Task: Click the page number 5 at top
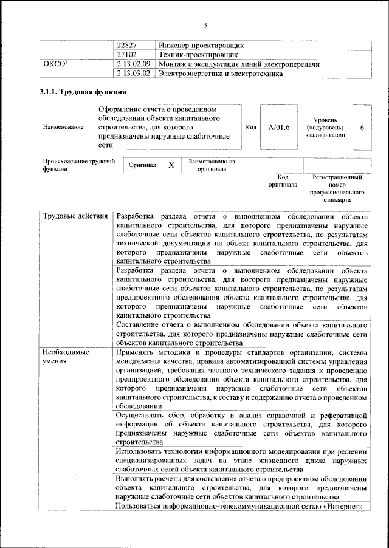pyautogui.click(x=206, y=25)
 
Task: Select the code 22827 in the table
pyautogui.click(x=128, y=45)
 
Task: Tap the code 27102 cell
pyautogui.click(x=128, y=54)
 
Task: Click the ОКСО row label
pyautogui.click(x=56, y=63)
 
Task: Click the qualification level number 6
pyautogui.click(x=362, y=127)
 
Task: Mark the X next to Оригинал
pyautogui.click(x=171, y=165)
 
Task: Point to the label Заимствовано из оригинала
pyautogui.click(x=212, y=165)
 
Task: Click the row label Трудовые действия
pyautogui.click(x=74, y=216)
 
